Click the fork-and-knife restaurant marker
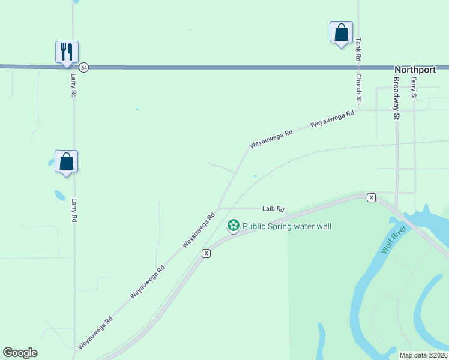[x=67, y=52]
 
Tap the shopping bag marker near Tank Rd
[x=341, y=32]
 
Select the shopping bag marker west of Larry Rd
[x=67, y=161]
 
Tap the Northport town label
[x=415, y=70]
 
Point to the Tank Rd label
[x=358, y=50]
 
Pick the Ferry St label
[x=414, y=88]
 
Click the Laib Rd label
[x=273, y=209]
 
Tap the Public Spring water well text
[x=287, y=226]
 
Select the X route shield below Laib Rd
[x=206, y=253]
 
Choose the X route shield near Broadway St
[x=372, y=197]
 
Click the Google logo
[x=20, y=353]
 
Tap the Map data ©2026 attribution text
[x=423, y=355]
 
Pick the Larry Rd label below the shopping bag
[x=74, y=211]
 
